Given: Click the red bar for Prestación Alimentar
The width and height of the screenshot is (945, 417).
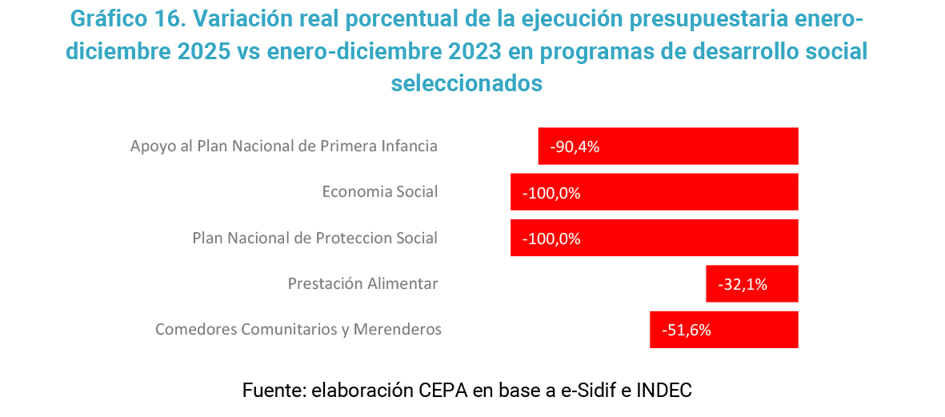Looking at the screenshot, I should point(751,283).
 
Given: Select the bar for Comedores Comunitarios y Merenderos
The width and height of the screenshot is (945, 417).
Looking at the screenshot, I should point(723,330).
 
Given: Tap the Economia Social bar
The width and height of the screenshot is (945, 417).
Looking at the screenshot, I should point(654,192).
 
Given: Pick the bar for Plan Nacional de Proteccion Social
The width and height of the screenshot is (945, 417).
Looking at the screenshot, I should point(654,238).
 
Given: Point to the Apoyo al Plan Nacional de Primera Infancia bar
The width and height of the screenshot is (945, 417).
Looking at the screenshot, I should point(668,146).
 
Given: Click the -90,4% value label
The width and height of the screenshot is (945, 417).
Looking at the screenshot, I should point(575,147).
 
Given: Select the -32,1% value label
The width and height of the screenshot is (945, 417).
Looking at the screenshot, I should point(743,284).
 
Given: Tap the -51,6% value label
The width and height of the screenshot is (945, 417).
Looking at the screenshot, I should point(687,330).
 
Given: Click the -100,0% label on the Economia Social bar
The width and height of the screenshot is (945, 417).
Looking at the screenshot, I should point(551,193).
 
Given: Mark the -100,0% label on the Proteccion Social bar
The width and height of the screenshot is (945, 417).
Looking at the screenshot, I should point(551,239).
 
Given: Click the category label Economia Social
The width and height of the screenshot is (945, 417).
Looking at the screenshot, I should point(379,192).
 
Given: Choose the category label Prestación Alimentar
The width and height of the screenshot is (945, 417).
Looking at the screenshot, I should point(362,284).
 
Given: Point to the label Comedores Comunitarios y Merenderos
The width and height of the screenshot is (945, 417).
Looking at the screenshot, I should point(298,330).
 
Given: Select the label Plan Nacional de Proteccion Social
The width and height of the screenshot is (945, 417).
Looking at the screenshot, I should point(314,239).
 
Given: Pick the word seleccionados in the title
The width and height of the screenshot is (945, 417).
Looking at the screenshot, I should point(466,82).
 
